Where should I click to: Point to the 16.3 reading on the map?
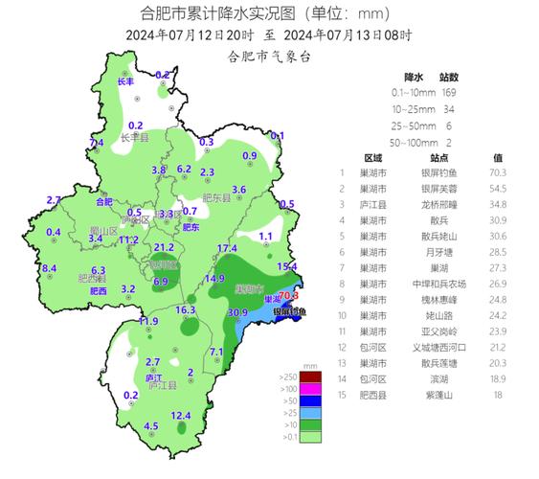[186, 310]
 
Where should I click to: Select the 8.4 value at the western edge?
[50, 268]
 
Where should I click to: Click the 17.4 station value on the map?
[227, 249]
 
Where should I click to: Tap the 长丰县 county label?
[137, 138]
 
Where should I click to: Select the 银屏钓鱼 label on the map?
[290, 311]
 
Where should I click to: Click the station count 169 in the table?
[450, 93]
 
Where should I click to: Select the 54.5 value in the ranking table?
[498, 189]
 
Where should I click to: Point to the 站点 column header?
[440, 157]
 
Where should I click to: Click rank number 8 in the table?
[343, 285]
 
